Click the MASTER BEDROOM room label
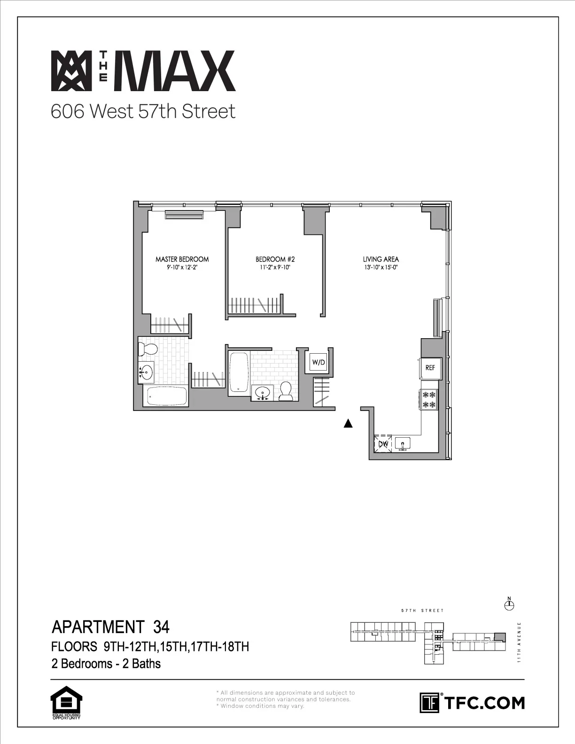click(182, 259)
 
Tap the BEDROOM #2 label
click(275, 259)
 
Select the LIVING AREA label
click(381, 259)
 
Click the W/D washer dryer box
click(319, 363)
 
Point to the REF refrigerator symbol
click(430, 368)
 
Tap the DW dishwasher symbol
click(382, 443)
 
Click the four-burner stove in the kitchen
click(429, 400)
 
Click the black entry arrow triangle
click(348, 424)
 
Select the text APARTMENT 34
click(110, 627)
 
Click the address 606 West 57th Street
click(143, 112)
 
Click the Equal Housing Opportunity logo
click(66, 703)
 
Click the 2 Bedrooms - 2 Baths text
click(106, 664)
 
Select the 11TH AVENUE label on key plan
click(519, 642)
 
